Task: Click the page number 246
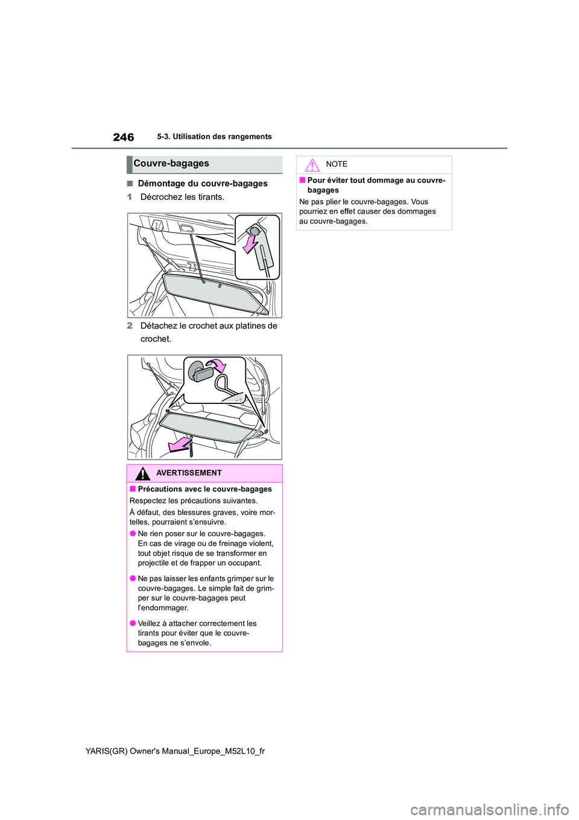[124, 137]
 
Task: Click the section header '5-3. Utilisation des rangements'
[214, 136]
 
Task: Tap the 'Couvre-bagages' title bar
[204, 164]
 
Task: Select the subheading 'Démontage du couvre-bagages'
[202, 184]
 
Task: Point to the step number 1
[129, 197]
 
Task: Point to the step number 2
[130, 325]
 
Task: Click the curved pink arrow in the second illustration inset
[216, 365]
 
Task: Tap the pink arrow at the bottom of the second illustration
[179, 445]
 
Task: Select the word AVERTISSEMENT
[189, 473]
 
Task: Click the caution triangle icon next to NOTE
[312, 164]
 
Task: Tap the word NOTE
[337, 164]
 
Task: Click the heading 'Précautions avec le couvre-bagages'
[204, 489]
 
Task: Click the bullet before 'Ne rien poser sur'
[133, 534]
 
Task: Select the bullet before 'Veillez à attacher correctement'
[133, 624]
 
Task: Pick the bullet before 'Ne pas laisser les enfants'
[133, 578]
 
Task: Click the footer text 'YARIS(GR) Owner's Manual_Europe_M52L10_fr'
[175, 751]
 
